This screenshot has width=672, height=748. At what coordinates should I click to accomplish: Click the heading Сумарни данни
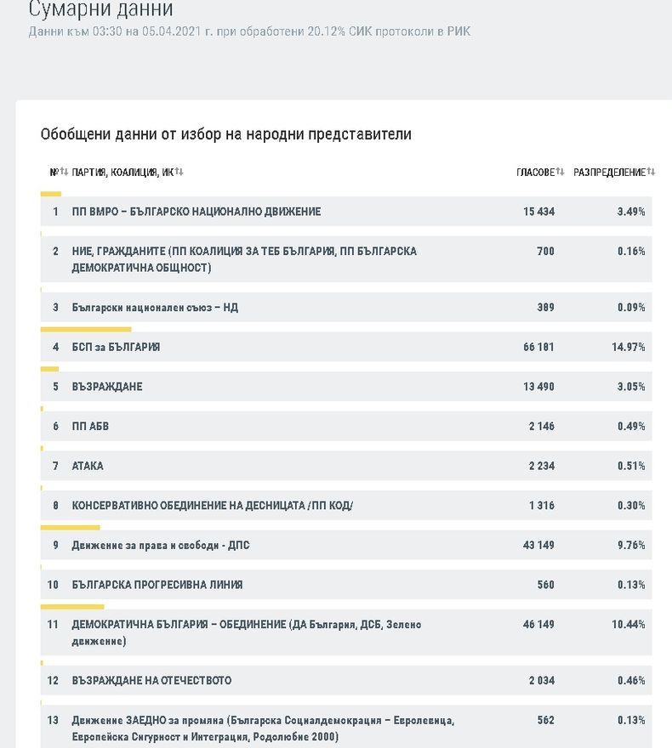point(100,8)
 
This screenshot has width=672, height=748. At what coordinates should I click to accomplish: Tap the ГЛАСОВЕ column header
point(536,173)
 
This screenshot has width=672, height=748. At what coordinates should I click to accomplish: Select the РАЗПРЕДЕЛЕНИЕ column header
point(609,173)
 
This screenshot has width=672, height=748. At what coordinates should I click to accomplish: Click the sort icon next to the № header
point(64,171)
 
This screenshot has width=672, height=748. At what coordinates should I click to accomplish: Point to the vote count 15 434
point(538,212)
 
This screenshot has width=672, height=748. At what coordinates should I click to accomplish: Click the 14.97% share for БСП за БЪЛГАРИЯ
point(628,347)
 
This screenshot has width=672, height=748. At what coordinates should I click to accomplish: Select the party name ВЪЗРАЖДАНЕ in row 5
point(107,387)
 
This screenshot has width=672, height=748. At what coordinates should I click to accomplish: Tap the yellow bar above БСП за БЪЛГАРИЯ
point(86,329)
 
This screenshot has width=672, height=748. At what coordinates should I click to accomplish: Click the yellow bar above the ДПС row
point(70,528)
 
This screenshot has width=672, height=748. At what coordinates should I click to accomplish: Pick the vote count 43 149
point(538,545)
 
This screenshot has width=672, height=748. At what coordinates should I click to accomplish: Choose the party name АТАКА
point(88,466)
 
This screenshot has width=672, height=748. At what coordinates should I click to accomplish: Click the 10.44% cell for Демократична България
point(628,624)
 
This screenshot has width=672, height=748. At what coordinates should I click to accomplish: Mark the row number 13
point(53,720)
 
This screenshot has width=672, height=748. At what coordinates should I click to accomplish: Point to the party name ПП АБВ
point(90,426)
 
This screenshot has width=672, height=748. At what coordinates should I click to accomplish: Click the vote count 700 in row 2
point(545,251)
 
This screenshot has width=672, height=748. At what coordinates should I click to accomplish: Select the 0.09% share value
point(631,307)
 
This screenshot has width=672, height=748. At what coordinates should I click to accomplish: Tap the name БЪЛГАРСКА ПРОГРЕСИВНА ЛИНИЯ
point(157,585)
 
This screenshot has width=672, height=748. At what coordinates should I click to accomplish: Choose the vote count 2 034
point(542,680)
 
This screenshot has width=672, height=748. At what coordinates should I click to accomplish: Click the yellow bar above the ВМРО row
point(51,194)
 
